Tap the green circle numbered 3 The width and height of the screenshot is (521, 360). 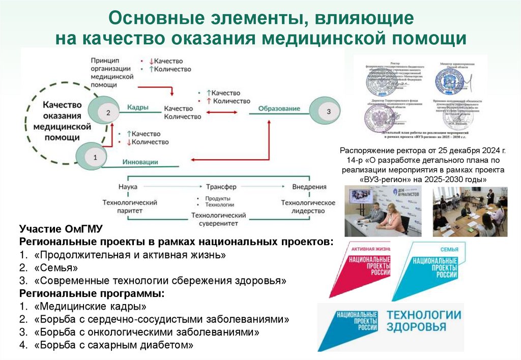tap(328, 110)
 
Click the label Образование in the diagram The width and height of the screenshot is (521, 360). tap(278, 108)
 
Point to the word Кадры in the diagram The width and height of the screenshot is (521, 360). tap(138, 107)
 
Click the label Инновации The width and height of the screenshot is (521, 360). tap(140, 162)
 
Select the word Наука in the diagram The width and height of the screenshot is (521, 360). tap(128, 187)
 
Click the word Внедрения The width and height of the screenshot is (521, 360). tap(309, 187)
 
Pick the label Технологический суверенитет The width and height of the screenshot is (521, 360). tap(219, 219)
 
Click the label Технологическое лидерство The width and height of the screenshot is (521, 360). tap(308, 206)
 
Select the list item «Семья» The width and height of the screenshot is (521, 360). tap(56, 267)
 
